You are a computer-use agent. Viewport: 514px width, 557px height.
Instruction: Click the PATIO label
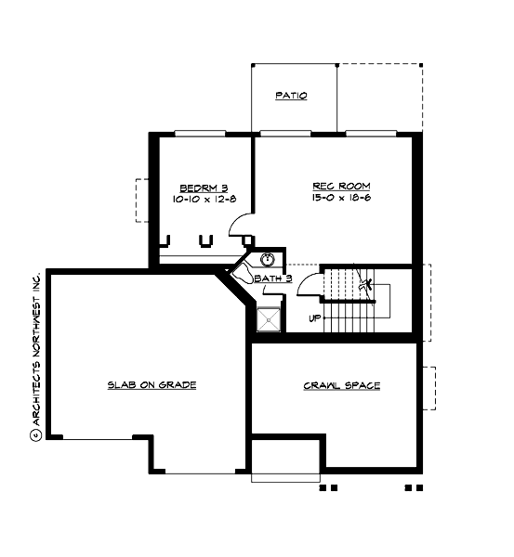click(291, 96)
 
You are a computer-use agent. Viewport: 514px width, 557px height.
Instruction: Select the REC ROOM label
click(335, 186)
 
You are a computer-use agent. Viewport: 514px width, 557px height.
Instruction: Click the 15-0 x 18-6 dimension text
click(335, 199)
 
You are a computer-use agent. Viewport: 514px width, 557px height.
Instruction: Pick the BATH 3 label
click(277, 278)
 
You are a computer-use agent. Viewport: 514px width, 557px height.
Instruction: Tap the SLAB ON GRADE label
click(151, 385)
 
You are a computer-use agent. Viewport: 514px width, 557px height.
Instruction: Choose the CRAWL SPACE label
click(341, 385)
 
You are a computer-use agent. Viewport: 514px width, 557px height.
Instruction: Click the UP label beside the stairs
click(315, 318)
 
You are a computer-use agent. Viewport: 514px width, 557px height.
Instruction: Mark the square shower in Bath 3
click(269, 318)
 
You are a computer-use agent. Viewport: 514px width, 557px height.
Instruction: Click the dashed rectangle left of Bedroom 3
click(142, 199)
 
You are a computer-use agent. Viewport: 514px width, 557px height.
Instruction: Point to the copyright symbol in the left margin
click(35, 434)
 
